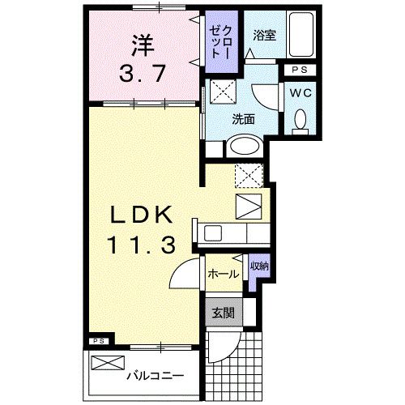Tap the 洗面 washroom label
243,118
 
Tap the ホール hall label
224,274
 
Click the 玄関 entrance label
224,313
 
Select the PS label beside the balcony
99,341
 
